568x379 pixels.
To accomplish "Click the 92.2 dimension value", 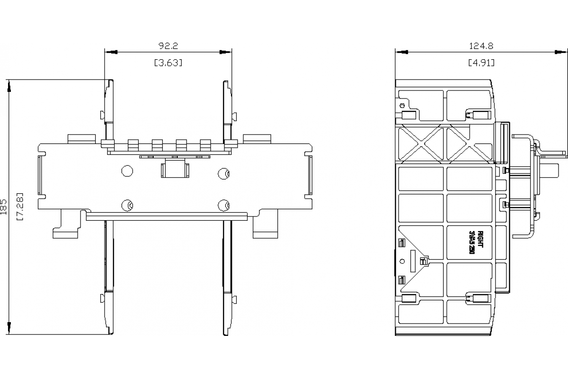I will (168, 46).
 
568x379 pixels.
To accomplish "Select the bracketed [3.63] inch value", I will (168, 63).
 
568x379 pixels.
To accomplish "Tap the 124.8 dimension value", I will (481, 46).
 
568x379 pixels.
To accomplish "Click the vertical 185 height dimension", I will (4, 207).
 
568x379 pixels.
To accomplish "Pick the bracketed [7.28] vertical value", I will (20, 207).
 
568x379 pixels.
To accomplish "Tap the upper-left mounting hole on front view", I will (127, 171).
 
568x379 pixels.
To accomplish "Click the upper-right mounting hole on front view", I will (222, 173).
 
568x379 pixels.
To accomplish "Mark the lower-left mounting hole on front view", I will (127, 205).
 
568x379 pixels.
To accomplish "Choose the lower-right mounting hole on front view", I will (222, 205).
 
